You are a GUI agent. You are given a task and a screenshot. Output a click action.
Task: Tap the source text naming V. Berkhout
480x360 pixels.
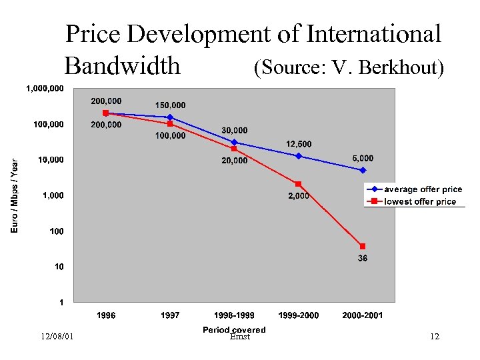pos(348,67)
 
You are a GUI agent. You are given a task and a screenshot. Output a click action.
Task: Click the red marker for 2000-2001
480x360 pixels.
pos(363,246)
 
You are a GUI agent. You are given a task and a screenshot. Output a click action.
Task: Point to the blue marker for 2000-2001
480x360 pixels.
pos(363,170)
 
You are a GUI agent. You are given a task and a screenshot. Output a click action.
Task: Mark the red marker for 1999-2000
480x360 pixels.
pos(299,184)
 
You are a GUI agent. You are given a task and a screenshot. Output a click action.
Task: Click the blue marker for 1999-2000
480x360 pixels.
pos(299,156)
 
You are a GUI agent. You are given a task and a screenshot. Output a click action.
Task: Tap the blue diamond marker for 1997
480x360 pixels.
pos(170,117)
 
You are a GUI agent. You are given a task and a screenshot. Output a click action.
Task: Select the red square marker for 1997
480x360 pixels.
pos(170,123)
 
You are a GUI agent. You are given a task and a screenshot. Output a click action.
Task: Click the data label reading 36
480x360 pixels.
pos(362,259)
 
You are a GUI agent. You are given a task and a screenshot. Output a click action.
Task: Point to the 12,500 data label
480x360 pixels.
pos(299,144)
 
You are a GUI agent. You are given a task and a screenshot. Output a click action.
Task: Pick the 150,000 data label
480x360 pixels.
pos(171,105)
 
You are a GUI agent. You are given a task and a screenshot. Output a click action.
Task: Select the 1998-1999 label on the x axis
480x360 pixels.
pos(233,315)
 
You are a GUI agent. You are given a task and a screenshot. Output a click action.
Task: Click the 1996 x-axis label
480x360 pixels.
pos(106,315)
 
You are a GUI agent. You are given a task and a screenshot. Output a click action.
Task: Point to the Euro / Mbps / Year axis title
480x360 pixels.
pos(15,195)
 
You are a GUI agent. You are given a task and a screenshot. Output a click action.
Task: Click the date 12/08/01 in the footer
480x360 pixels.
pos(57,337)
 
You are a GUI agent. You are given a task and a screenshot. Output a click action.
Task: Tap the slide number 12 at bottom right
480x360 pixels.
pos(435,337)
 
